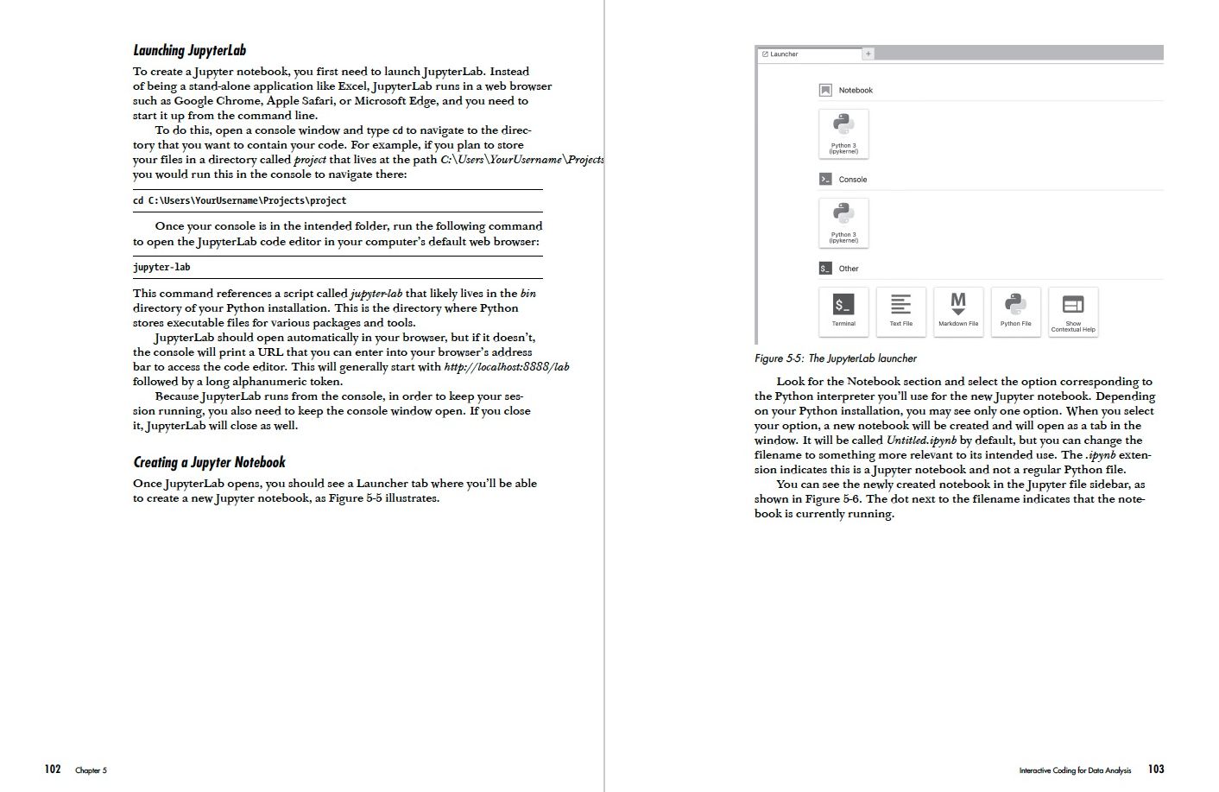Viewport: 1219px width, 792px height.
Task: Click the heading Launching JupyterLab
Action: click(189, 51)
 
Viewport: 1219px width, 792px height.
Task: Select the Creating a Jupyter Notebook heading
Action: click(209, 463)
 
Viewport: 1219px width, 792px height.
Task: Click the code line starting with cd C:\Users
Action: click(239, 200)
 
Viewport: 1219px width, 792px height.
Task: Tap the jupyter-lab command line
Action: click(161, 267)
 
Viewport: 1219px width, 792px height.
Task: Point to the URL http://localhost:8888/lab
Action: click(507, 367)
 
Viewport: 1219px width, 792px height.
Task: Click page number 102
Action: click(53, 769)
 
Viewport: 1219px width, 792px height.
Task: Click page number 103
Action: click(1155, 769)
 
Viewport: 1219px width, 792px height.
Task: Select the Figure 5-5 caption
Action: click(835, 358)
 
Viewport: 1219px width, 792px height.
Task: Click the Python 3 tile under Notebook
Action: click(843, 134)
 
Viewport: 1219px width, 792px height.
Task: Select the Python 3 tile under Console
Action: click(843, 223)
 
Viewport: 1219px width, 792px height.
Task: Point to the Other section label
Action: click(849, 269)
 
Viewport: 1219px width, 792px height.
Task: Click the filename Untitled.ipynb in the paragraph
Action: click(921, 440)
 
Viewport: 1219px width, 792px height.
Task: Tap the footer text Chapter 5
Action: click(91, 770)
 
